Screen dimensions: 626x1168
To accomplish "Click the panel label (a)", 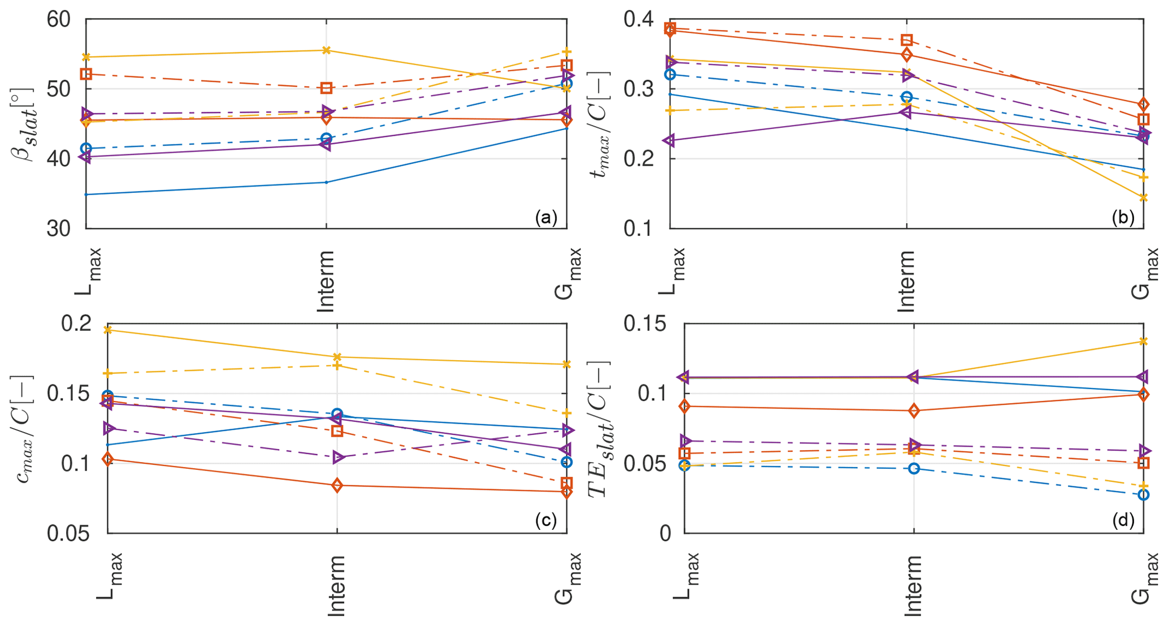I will [546, 218].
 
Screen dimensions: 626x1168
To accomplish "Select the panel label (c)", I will [546, 521].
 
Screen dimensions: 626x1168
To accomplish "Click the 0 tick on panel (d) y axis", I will [665, 534].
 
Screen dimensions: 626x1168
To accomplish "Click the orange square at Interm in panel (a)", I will [326, 88].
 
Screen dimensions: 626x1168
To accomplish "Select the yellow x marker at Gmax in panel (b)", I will [1143, 197].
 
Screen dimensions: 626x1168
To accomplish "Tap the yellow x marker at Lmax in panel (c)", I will [108, 330].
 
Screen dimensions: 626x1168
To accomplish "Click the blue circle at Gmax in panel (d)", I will [1143, 495].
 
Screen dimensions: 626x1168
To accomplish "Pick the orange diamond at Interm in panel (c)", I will [337, 485].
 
